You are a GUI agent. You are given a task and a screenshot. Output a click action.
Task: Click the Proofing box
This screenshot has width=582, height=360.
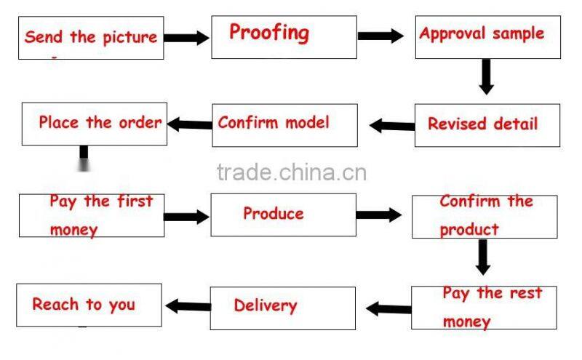(284, 36)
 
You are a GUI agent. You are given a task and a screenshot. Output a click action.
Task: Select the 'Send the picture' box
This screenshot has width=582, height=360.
(92, 37)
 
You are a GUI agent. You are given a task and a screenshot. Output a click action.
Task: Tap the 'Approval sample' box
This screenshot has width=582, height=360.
(487, 36)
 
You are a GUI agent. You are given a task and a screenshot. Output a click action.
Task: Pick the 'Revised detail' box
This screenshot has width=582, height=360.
(487, 124)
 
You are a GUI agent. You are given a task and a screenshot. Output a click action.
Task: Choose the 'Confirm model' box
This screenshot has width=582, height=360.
(284, 124)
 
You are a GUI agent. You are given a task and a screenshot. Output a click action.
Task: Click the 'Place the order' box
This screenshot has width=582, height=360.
(95, 123)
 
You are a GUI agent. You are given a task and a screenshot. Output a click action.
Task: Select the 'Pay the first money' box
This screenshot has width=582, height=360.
(92, 215)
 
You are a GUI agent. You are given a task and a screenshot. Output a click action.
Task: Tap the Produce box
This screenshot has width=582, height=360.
(283, 214)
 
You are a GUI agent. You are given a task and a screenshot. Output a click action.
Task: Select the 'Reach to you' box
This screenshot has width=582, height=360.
(89, 305)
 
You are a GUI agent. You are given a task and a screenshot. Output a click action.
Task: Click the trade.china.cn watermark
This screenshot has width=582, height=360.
(291, 172)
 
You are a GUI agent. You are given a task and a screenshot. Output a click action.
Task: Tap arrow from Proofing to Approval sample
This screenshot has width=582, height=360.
(380, 36)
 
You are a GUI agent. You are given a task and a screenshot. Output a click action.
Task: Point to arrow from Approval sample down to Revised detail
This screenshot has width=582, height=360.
(486, 76)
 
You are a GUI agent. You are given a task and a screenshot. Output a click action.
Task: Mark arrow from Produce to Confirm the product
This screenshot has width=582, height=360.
(379, 215)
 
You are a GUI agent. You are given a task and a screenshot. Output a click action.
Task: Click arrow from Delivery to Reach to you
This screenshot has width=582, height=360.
(188, 305)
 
